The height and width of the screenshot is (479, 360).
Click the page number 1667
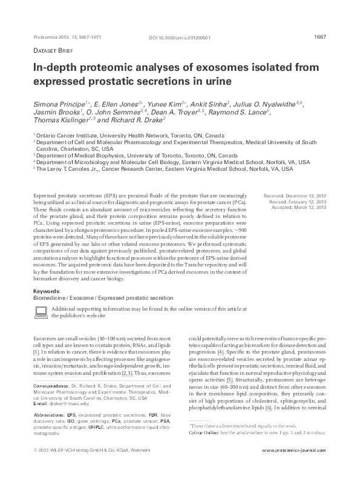tap(321, 37)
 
